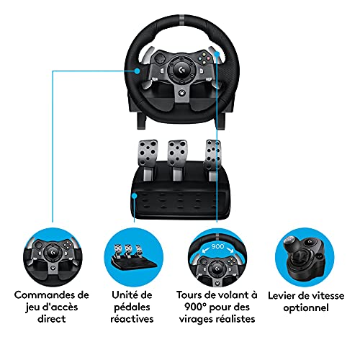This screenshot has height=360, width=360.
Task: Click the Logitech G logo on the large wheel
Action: coord(181,70)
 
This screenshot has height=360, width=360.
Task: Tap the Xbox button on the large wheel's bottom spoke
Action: coord(183,93)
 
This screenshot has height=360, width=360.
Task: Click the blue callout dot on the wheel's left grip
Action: coord(137,71)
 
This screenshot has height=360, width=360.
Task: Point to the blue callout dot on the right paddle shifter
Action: coord(217,54)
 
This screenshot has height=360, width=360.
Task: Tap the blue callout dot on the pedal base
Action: coord(135,196)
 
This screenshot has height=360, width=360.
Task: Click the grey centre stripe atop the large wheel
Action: coord(182,18)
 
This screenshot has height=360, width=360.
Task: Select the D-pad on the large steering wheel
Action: coord(159,59)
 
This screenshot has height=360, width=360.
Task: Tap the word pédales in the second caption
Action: coord(132,307)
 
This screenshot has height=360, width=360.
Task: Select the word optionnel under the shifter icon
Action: coord(306,308)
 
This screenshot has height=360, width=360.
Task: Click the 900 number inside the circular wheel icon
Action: coord(217,246)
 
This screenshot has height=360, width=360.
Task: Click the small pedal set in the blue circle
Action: coord(133,258)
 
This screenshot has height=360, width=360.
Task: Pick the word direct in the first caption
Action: coord(52,319)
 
